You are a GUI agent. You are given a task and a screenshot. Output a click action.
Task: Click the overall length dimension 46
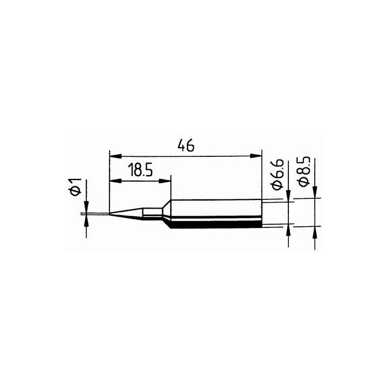pyautogui.click(x=184, y=145)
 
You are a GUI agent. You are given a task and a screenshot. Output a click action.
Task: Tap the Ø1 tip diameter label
pyautogui.click(x=76, y=187)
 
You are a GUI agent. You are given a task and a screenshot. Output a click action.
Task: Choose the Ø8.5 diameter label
pyautogui.click(x=304, y=172)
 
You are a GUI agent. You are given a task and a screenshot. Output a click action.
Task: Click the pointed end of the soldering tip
pyautogui.click(x=110, y=214)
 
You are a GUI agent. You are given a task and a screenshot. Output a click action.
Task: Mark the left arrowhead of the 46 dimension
pyautogui.click(x=113, y=156)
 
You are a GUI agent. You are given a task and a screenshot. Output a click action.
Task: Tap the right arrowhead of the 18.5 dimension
pyautogui.click(x=167, y=182)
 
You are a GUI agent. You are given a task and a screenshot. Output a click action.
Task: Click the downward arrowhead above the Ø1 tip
pyautogui.click(x=86, y=209)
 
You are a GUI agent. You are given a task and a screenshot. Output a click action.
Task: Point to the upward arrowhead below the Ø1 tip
pyautogui.click(x=86, y=220)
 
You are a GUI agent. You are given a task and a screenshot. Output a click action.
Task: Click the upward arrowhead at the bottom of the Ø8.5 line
pyautogui.click(x=315, y=231)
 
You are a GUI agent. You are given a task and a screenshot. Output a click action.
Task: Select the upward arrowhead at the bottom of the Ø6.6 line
pyautogui.click(x=289, y=228)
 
